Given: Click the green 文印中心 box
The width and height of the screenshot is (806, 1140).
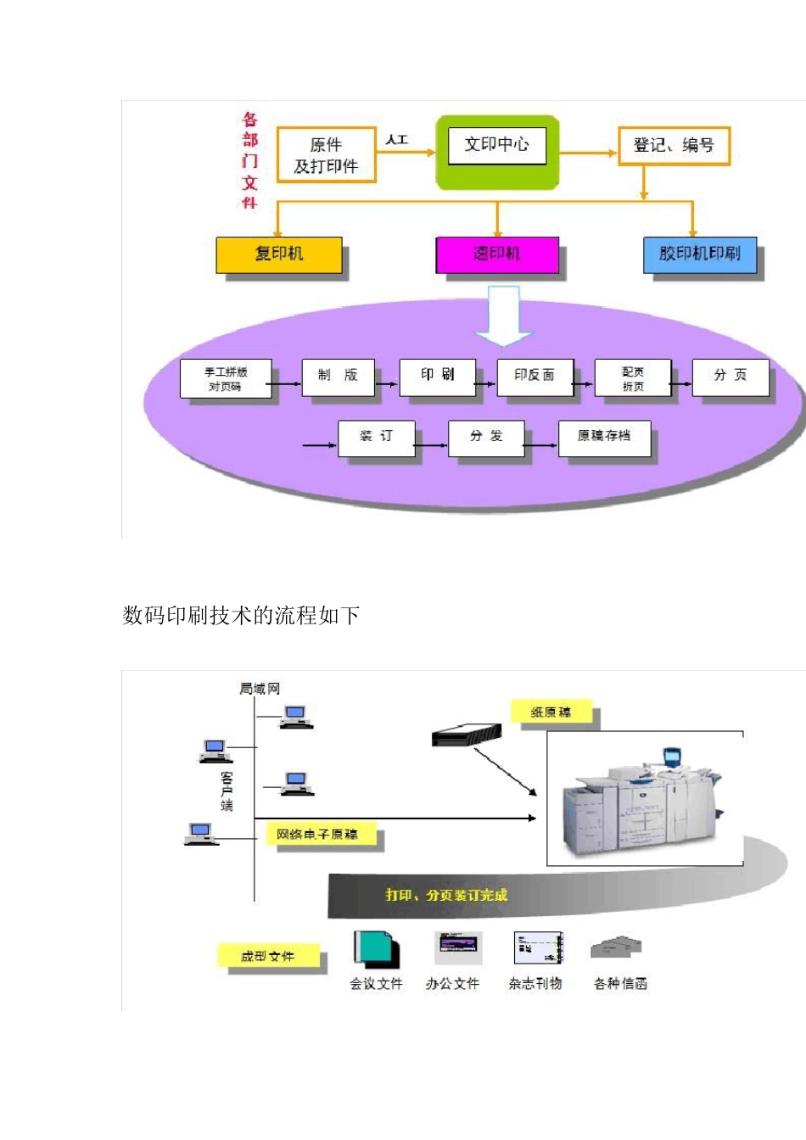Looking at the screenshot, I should point(497,152).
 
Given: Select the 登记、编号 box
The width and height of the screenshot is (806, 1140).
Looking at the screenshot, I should point(674,146).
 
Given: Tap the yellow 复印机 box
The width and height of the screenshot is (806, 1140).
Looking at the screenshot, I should point(279,254).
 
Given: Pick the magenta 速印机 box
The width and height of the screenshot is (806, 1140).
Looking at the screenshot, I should point(497,254).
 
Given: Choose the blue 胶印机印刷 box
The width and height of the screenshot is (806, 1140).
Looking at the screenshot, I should point(700,254).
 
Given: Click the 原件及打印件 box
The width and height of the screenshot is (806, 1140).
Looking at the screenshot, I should point(326,155).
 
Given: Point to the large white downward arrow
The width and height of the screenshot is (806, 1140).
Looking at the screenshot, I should point(503,316).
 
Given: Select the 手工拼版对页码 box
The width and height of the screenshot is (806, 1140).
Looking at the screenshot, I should point(226,379).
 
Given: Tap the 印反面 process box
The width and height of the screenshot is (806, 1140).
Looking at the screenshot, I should point(535,376).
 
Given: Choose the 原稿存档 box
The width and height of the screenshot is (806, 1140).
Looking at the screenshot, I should point(604,437).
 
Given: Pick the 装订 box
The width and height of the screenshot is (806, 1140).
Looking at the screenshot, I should point(376,437).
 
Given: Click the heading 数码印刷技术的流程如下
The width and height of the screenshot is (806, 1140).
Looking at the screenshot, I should point(241,616).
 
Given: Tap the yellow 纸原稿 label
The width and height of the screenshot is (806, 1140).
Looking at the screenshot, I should point(551,712).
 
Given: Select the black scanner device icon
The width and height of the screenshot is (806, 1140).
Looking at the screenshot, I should point(467,735).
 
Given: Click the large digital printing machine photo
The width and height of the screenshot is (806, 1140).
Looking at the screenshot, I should point(645,799).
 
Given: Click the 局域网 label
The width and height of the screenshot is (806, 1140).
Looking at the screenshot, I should point(260,689).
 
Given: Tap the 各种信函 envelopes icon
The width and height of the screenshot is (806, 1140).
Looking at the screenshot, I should point(617,947).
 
